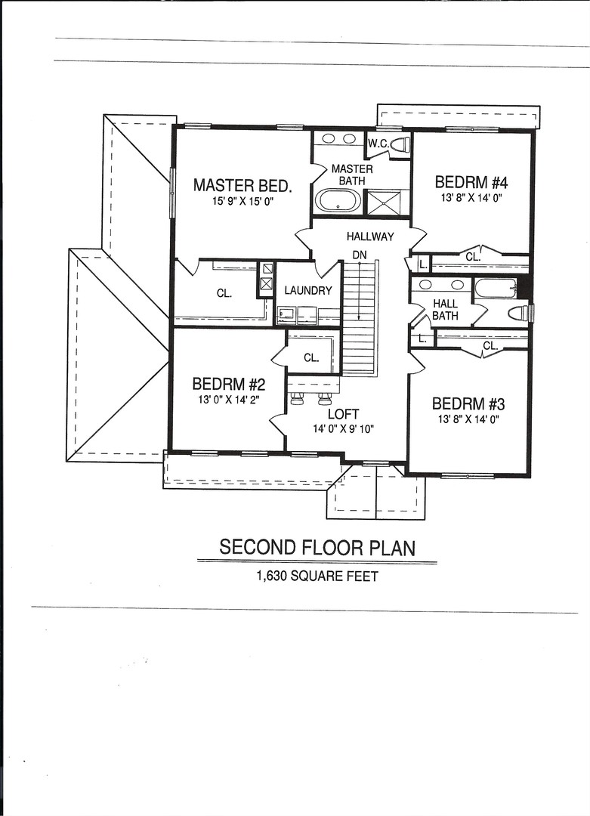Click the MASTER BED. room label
(242, 185)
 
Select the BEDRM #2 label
(228, 383)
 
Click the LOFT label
(343, 414)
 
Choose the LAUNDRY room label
(308, 290)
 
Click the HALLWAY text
(370, 236)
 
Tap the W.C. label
(378, 144)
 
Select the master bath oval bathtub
(338, 201)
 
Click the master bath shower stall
(386, 202)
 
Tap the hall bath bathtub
(496, 288)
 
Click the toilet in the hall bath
(519, 313)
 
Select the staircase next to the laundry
(359, 317)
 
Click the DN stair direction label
(359, 255)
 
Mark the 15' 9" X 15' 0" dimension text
(242, 202)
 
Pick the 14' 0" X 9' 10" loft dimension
(343, 429)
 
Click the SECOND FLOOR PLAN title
(317, 547)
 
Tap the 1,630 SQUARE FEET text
(317, 576)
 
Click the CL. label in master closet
(224, 293)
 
